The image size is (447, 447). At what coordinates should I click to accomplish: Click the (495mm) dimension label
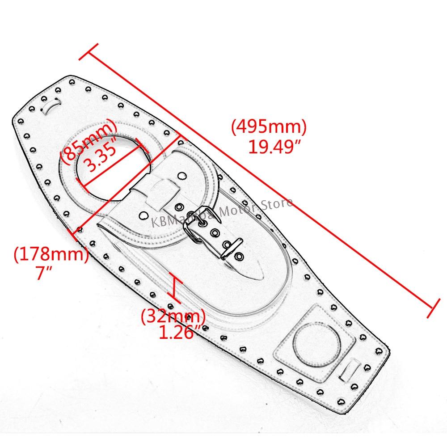click(269, 128)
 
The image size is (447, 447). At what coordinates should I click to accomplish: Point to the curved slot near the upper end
click(50, 105)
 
